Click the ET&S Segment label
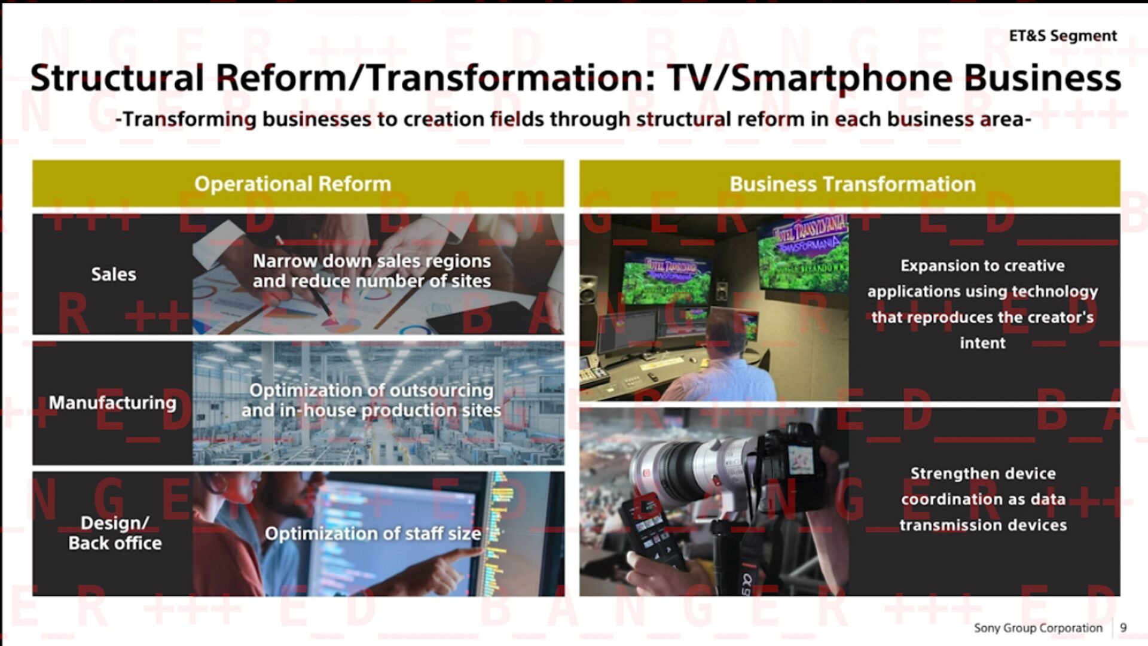pyautogui.click(x=1062, y=36)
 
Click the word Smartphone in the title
pyautogui.click(x=841, y=79)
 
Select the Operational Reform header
pyautogui.click(x=292, y=184)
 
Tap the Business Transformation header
pyautogui.click(x=852, y=184)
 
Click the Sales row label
pyautogui.click(x=114, y=274)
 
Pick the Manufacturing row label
pyautogui.click(x=112, y=403)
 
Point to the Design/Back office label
pyautogui.click(x=115, y=533)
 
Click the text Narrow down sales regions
pyautogui.click(x=371, y=261)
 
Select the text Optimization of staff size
pyautogui.click(x=373, y=534)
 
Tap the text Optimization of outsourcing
pyautogui.click(x=371, y=390)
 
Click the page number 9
pyautogui.click(x=1123, y=628)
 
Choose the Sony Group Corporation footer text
pyautogui.click(x=1038, y=628)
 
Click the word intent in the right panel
pyautogui.click(x=982, y=343)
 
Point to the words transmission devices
pyautogui.click(x=983, y=525)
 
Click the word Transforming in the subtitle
pyautogui.click(x=189, y=119)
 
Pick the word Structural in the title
pyautogui.click(x=117, y=79)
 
